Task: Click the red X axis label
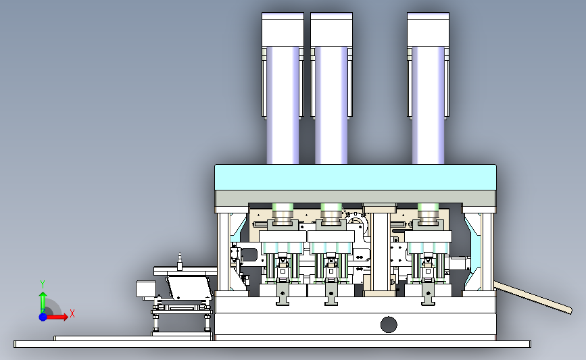coord(72,313)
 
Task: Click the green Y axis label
coord(43,285)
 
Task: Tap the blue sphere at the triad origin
coord(43,317)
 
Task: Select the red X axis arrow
coord(55,317)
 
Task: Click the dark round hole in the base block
coord(389,324)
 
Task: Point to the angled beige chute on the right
coord(533,298)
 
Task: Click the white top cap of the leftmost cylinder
coord(283,30)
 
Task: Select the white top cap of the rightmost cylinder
coord(429,30)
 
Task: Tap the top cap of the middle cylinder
coord(331,30)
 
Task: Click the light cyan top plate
coord(356,178)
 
